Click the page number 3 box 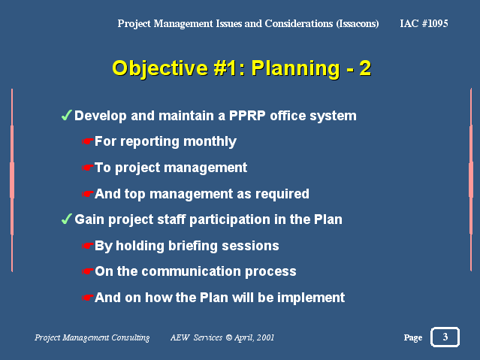tap(445, 337)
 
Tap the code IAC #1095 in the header tap(424, 23)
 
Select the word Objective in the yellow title tap(160, 68)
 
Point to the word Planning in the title tap(295, 68)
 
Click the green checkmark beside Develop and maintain tap(66, 116)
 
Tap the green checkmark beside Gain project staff tap(66, 219)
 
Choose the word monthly tap(210, 142)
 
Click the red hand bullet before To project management tap(87, 168)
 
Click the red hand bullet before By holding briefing tap(87, 246)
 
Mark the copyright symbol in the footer tap(229, 337)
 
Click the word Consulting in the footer tap(131, 337)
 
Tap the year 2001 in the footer tap(265, 337)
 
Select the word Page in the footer tap(413, 337)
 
